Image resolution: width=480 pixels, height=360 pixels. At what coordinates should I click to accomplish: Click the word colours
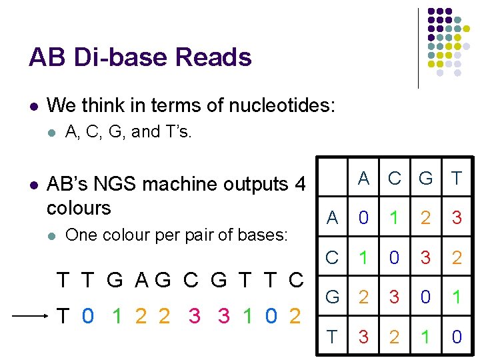point(79,207)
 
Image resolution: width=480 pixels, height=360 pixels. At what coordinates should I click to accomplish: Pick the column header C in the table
point(395,178)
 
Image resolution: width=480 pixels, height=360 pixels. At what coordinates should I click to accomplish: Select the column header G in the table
point(425,178)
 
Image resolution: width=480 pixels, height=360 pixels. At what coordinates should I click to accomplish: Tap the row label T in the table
point(332,337)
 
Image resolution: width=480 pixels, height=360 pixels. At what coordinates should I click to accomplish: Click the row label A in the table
point(332,217)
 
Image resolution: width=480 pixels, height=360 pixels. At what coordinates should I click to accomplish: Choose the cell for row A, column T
point(457,217)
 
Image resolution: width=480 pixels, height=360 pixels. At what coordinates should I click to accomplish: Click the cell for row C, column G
point(425,257)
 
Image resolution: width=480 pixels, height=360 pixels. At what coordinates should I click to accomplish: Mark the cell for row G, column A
point(363,297)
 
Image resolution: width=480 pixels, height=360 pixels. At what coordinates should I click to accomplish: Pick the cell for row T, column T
point(457,337)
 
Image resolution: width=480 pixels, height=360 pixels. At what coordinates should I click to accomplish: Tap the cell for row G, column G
point(425,297)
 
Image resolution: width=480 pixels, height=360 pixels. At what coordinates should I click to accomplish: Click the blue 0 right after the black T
point(88,317)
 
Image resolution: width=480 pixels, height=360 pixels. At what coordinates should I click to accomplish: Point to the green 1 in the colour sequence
point(117,317)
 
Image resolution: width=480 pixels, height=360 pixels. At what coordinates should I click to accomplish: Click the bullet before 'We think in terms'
point(33,106)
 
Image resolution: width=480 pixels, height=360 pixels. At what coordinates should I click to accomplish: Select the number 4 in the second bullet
point(300,183)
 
